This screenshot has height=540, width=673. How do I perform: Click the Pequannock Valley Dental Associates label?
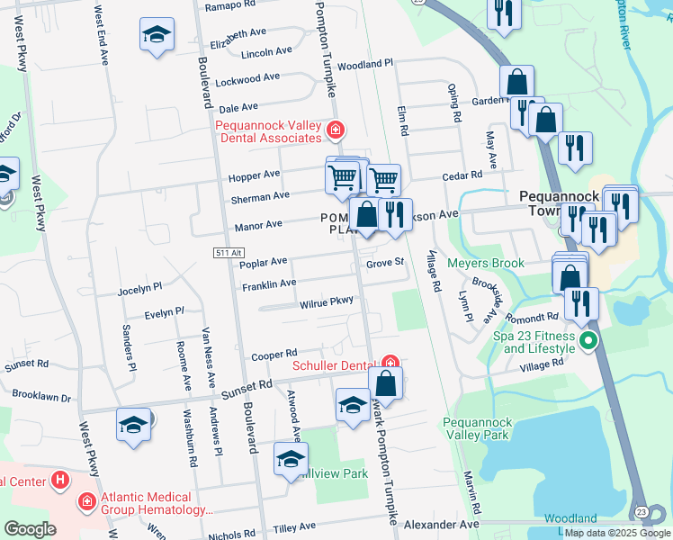268,131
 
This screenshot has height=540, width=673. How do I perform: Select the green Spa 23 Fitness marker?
588,340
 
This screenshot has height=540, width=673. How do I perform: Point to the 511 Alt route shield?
229,254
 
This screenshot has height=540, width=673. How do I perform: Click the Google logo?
31,529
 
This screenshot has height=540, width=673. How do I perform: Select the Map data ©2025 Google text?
615,533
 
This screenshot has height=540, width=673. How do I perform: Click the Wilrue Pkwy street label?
326,304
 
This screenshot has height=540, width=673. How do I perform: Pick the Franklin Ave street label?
269,283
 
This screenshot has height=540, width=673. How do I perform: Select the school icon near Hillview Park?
291,460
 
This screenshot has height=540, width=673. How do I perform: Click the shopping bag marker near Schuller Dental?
385,383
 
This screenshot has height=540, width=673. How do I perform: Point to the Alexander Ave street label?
442,524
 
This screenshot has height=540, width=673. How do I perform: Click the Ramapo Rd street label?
230,5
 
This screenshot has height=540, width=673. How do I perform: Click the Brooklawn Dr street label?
40,396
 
